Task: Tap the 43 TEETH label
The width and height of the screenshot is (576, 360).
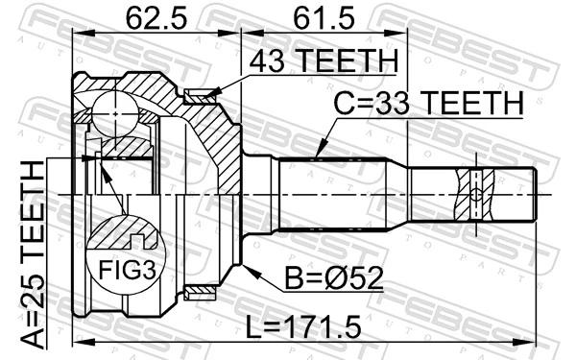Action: [322, 60]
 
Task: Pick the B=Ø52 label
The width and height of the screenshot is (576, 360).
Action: [333, 279]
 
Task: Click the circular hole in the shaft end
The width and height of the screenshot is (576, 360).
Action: [477, 195]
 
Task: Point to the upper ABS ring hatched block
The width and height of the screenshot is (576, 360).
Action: [200, 95]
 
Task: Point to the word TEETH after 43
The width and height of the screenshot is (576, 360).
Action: [345, 60]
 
